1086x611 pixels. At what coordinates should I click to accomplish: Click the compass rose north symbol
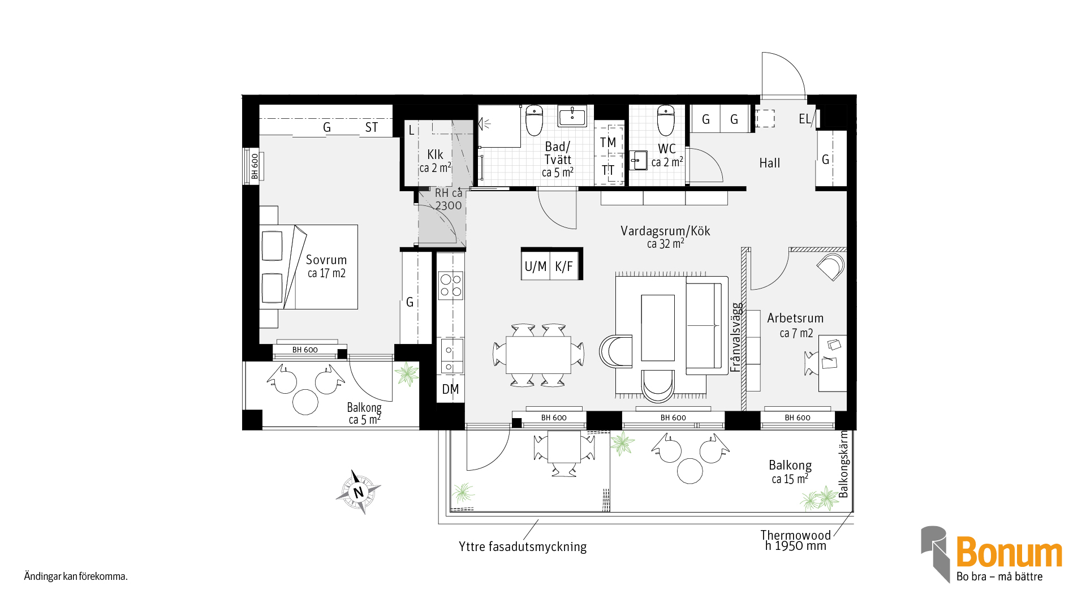coord(359,492)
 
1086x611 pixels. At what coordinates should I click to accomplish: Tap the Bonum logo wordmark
coord(1009,553)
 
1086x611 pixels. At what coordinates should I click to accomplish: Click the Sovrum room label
coord(326,260)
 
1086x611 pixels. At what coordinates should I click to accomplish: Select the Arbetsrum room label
coord(795,318)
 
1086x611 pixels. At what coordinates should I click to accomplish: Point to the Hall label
coord(769,163)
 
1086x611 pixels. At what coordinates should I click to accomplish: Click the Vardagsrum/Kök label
coord(665,231)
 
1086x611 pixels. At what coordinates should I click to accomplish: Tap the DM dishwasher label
coord(450,389)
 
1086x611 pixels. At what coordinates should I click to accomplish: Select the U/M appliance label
coord(536,266)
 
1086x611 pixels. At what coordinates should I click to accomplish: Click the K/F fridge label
coord(564,266)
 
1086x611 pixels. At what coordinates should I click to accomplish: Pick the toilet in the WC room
coord(666,121)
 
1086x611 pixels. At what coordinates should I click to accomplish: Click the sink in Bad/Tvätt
coord(572,116)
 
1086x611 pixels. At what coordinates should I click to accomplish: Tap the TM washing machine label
coord(608,143)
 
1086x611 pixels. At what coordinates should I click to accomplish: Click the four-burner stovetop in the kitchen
coord(451,286)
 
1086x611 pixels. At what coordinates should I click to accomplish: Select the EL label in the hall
coord(804,119)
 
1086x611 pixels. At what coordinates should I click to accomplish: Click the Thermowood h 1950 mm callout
coord(795,540)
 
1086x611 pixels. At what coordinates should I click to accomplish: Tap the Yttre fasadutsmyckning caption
coord(523,547)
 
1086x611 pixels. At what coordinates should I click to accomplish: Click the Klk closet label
coord(435,154)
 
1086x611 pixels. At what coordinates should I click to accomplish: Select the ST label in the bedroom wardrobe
coord(371,127)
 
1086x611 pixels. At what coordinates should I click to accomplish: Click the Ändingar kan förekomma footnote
coord(76,576)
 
